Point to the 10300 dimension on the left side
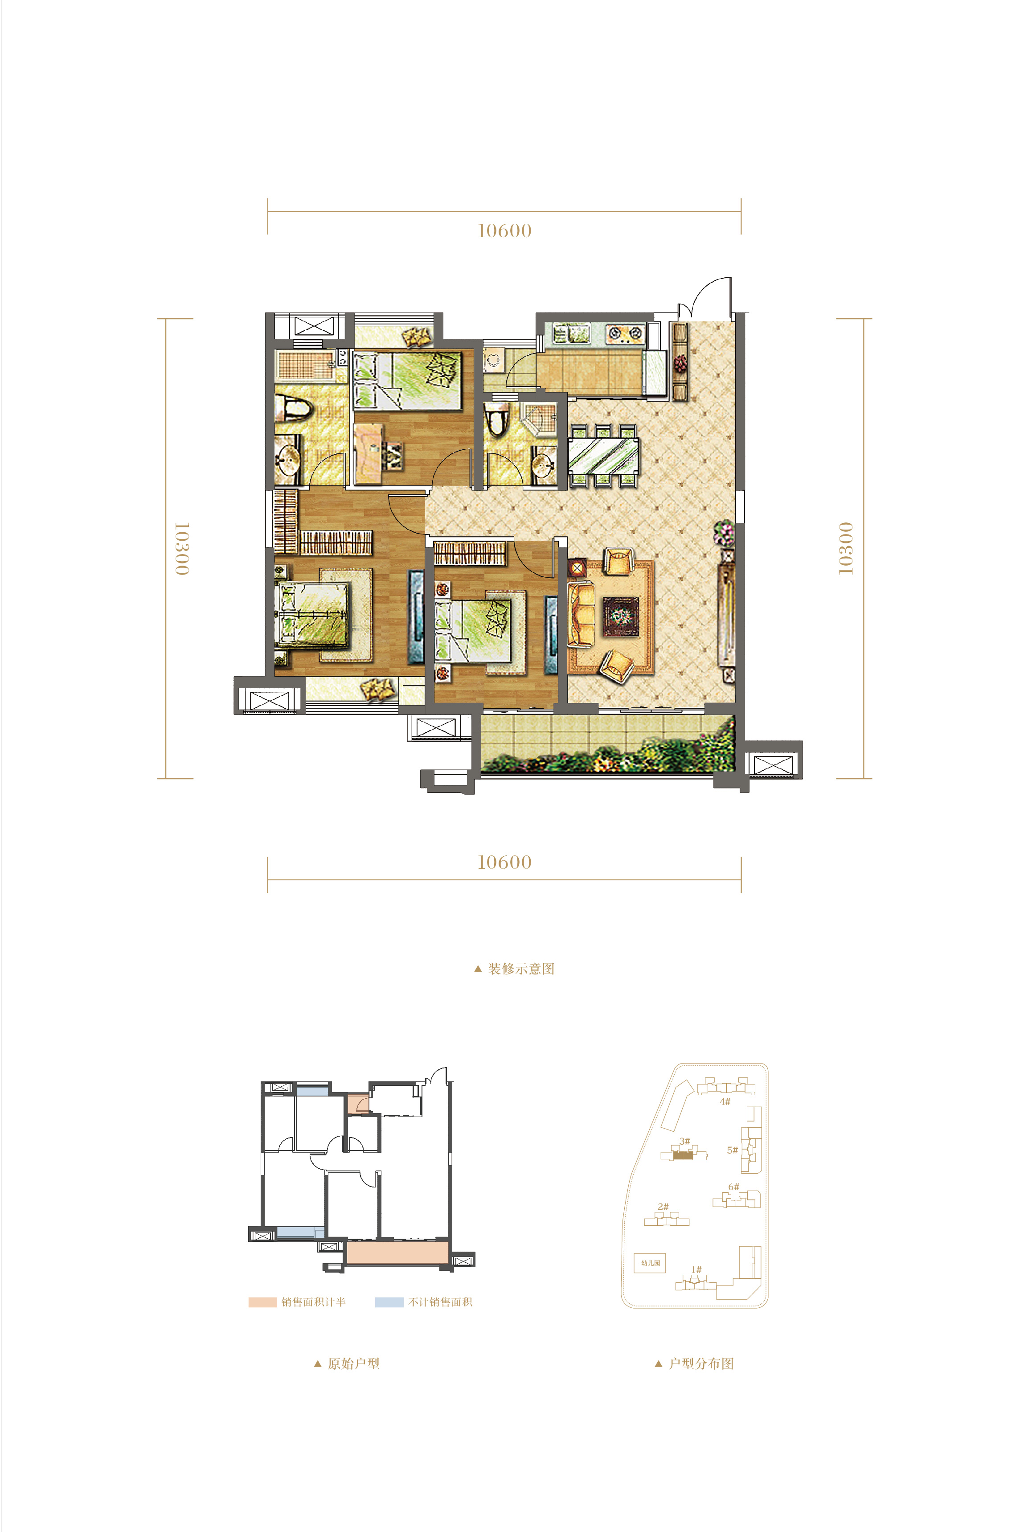pyautogui.click(x=182, y=548)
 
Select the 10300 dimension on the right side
pyautogui.click(x=846, y=548)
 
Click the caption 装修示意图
pyautogui.click(x=521, y=969)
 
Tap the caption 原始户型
pyautogui.click(x=353, y=1364)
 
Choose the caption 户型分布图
pyautogui.click(x=701, y=1364)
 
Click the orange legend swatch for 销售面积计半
pyautogui.click(x=262, y=1302)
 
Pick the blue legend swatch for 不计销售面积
pyautogui.click(x=389, y=1302)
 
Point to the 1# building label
pyautogui.click(x=696, y=1269)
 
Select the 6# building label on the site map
pyautogui.click(x=733, y=1187)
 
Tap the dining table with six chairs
pyautogui.click(x=603, y=455)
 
